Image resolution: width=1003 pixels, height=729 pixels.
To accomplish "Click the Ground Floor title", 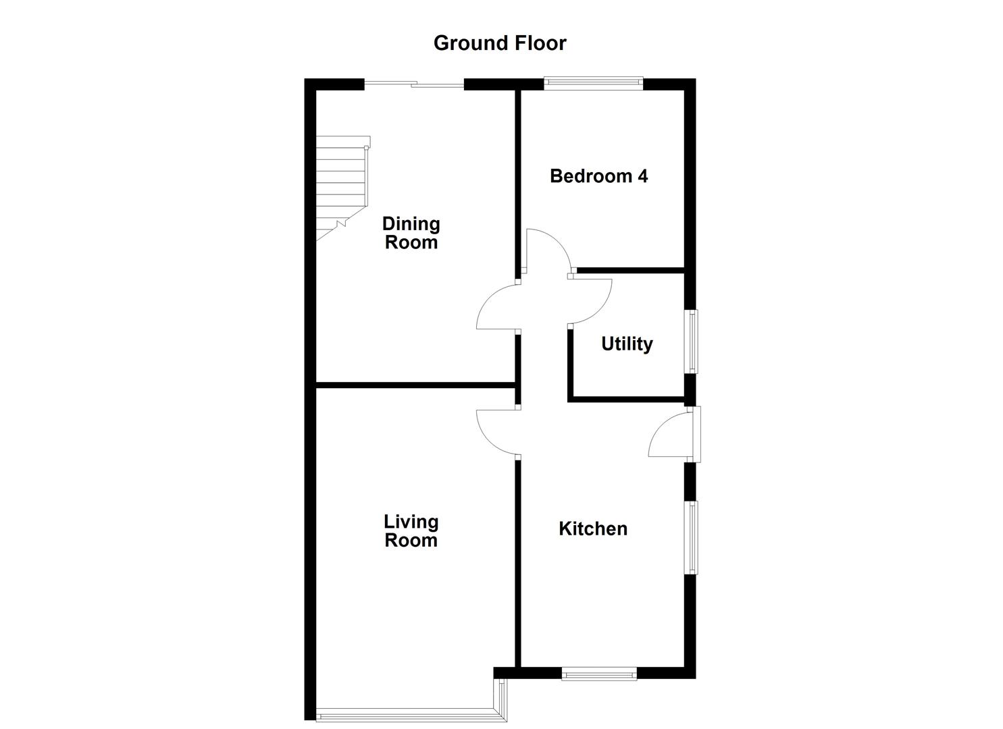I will click(500, 43).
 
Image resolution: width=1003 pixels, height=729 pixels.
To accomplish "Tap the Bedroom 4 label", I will click(598, 176).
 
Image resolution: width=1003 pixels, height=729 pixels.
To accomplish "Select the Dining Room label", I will click(411, 233).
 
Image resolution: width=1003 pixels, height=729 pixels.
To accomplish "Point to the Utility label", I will click(627, 344).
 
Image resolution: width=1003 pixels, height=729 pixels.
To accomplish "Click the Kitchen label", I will click(592, 529).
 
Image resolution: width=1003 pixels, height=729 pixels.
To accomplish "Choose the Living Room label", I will click(411, 531).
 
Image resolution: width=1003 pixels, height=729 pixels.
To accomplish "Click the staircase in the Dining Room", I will click(342, 186).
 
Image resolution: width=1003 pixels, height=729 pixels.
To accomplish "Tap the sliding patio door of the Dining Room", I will click(413, 84).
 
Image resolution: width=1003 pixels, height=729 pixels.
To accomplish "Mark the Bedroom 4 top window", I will click(594, 84).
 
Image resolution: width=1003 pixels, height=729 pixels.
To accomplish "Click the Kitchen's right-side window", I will click(692, 537).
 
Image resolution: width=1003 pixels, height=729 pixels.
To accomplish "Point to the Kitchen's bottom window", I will click(599, 673).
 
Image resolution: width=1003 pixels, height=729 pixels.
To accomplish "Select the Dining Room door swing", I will click(498, 309).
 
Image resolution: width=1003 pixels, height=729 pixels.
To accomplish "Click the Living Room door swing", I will click(498, 432).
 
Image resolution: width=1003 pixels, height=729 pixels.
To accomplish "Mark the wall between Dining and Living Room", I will click(415, 385).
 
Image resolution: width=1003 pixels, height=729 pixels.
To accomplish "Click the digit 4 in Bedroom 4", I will click(642, 176).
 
